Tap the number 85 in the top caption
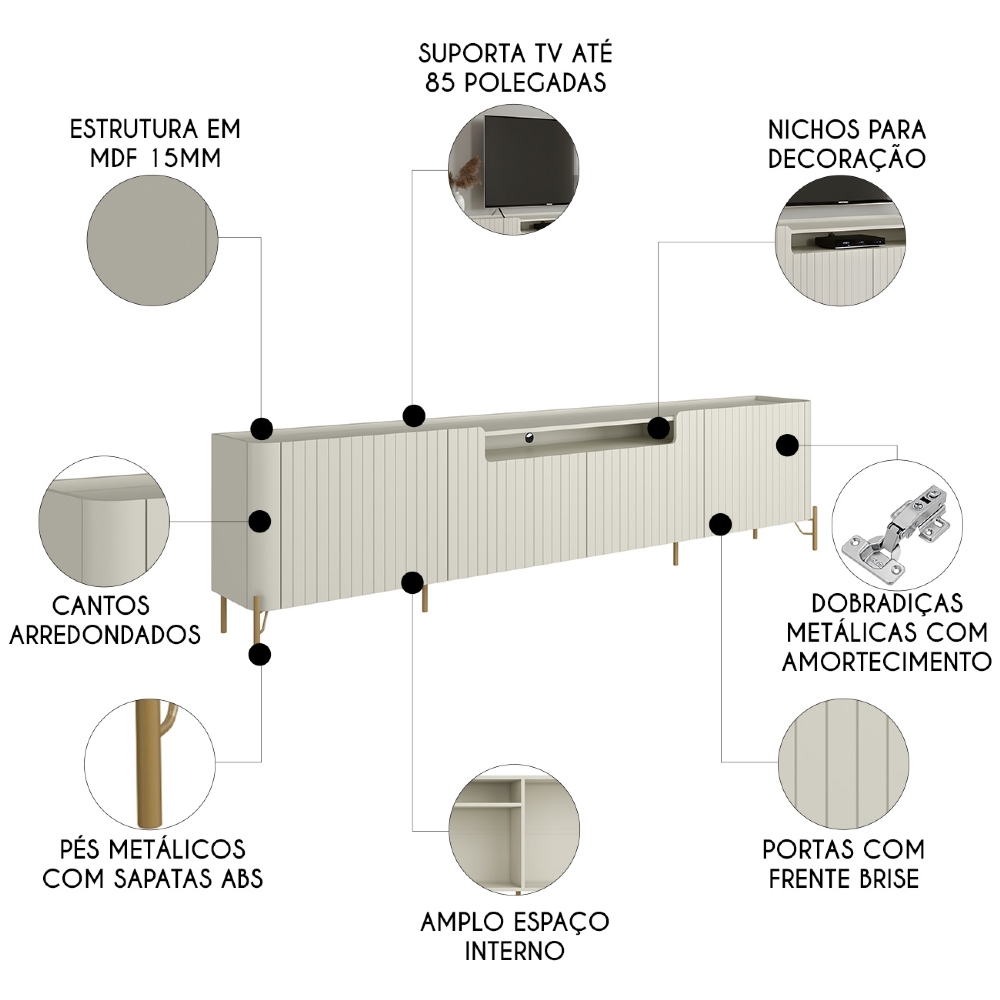(x=439, y=83)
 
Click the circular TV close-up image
(x=513, y=167)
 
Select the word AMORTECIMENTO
(x=886, y=661)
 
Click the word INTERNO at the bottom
(x=514, y=949)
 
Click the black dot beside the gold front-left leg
(x=260, y=655)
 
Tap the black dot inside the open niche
(x=658, y=428)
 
